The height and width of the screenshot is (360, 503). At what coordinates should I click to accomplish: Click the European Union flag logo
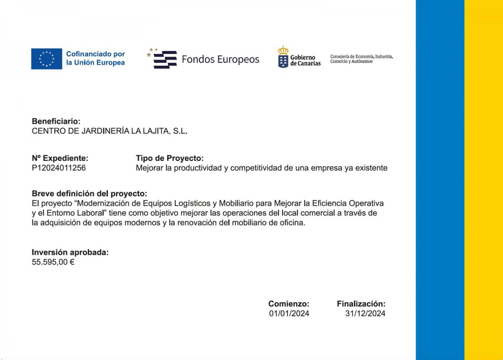[x=47, y=59]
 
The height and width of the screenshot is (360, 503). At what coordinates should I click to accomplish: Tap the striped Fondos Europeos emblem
[x=165, y=60]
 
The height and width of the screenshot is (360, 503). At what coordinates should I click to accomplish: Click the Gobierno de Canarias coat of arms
[x=283, y=57]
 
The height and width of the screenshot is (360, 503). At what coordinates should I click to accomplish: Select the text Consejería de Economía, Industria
[x=361, y=56]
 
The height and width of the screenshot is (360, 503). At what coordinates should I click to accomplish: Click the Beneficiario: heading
[x=56, y=121]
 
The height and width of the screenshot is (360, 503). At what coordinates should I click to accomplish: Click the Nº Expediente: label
[x=60, y=158]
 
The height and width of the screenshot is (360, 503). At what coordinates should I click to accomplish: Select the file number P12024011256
[x=59, y=168]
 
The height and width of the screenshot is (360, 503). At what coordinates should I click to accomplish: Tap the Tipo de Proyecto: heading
[x=169, y=158]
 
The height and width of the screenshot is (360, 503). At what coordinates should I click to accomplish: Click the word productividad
[x=201, y=168]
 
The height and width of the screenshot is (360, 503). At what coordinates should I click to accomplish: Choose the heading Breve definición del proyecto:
[x=90, y=193]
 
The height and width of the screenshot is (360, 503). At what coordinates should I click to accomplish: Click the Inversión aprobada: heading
[x=70, y=252]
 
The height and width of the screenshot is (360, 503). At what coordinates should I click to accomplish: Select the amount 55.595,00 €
[x=53, y=262]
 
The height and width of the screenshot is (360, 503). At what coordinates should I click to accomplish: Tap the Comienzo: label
[x=289, y=303]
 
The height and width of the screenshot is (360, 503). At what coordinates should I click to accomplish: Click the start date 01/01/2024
[x=289, y=313]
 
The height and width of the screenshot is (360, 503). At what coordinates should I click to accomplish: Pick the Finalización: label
[x=361, y=303]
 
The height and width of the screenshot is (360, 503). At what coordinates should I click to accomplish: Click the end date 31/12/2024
[x=365, y=313]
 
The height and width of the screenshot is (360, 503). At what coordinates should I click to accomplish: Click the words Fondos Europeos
[x=220, y=60]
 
